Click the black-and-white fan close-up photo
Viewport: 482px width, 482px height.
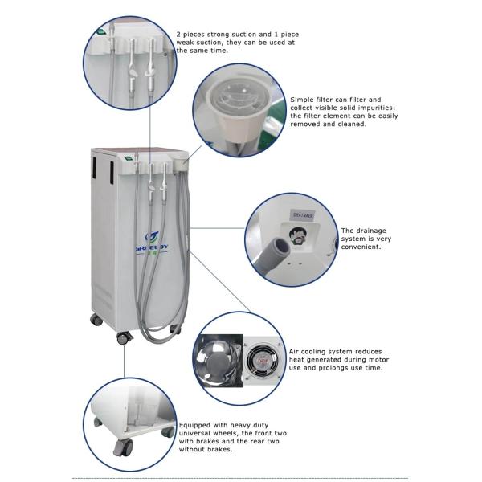218,357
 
